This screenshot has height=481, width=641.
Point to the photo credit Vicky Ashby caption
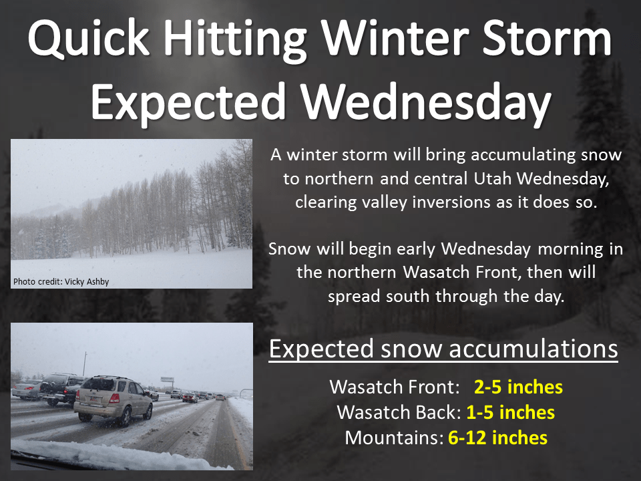61,282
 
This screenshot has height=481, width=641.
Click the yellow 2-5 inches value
518,387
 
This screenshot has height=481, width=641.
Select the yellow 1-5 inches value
510,412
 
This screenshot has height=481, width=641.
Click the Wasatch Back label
398,412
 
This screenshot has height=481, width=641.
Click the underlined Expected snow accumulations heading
443,349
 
